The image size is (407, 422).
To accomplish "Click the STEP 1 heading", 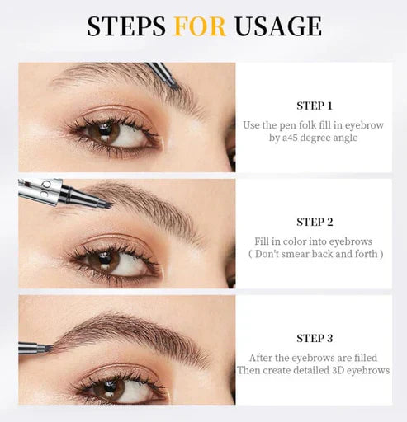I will coord(315,105).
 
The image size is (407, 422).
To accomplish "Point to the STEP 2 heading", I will coord(315,222).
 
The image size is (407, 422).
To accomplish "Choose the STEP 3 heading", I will coord(315,338).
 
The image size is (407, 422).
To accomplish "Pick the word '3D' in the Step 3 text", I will coord(331,371).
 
